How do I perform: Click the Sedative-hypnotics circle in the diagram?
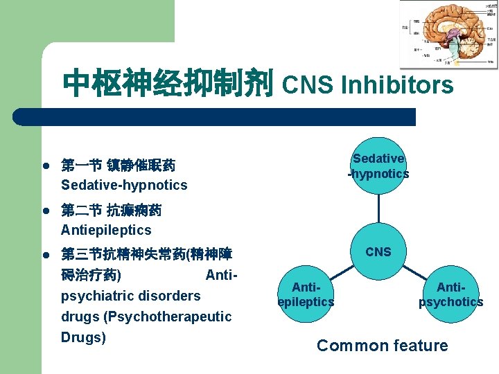pos(378,166)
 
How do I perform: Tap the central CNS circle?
pos(378,251)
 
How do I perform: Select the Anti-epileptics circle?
pos(306,294)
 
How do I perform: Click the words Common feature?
pos(383,346)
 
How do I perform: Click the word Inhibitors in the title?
pos(397,85)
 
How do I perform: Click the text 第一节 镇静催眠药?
pos(118,166)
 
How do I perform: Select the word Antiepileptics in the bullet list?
pos(106,229)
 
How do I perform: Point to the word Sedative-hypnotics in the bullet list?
pos(124,185)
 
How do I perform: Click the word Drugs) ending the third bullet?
pos(83,337)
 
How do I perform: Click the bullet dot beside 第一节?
pos(44,166)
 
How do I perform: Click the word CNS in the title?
pos(307,85)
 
